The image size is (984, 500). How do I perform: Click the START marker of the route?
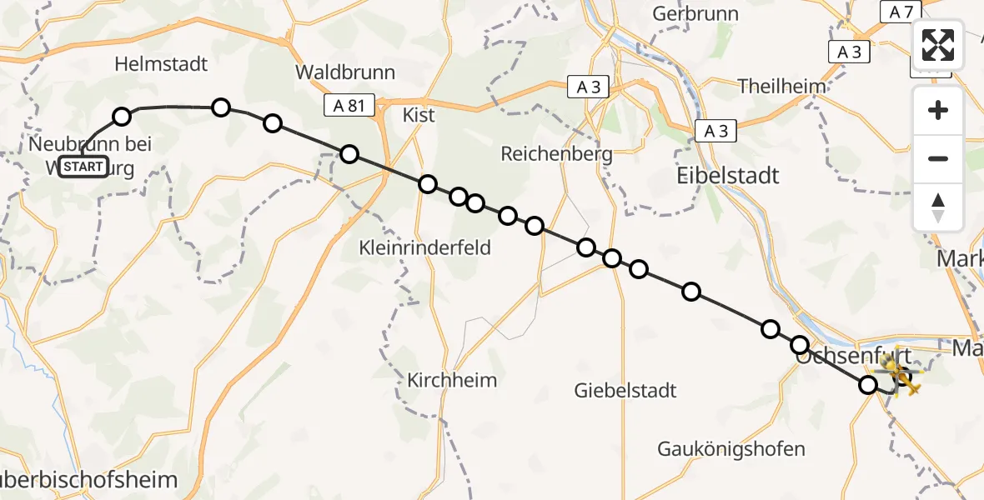coord(83,167)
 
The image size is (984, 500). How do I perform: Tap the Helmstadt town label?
coord(161,63)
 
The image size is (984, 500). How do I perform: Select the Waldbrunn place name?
coord(344,72)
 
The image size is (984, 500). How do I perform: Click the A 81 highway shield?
coord(345,105)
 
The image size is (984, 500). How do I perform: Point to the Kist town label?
coord(419,115)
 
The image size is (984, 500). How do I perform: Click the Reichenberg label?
coord(556,153)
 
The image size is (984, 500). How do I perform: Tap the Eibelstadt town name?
coord(728,175)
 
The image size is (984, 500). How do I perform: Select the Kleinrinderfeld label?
coord(424,247)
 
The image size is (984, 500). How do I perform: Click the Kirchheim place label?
coord(452,380)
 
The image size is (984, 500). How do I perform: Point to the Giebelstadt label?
coord(625,389)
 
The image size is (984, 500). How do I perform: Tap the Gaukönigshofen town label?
coord(731,449)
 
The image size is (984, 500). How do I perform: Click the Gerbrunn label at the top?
coord(695,14)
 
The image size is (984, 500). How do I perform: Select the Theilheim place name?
coord(782,86)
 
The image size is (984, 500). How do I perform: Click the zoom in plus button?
coord(938,111)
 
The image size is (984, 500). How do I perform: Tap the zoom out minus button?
coord(938,158)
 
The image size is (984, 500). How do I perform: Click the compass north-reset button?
coord(938,207)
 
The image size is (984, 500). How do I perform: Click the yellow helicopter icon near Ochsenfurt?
coord(903,372)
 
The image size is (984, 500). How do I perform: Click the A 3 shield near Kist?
coord(589,87)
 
